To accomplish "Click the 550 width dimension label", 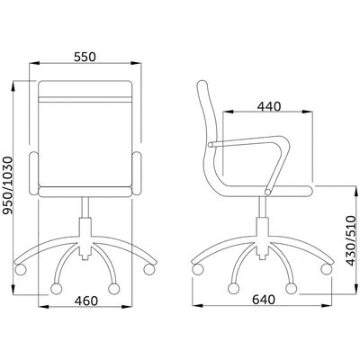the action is [85, 57].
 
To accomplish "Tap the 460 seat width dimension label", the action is [86, 301].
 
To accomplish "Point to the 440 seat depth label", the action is [269, 106].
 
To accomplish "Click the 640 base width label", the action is [264, 300].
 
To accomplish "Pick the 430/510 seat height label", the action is [351, 240].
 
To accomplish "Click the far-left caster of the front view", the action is [21, 269].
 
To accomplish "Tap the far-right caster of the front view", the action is [149, 269].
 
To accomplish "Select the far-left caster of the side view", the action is [198, 269].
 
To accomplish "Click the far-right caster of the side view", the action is [326, 269].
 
